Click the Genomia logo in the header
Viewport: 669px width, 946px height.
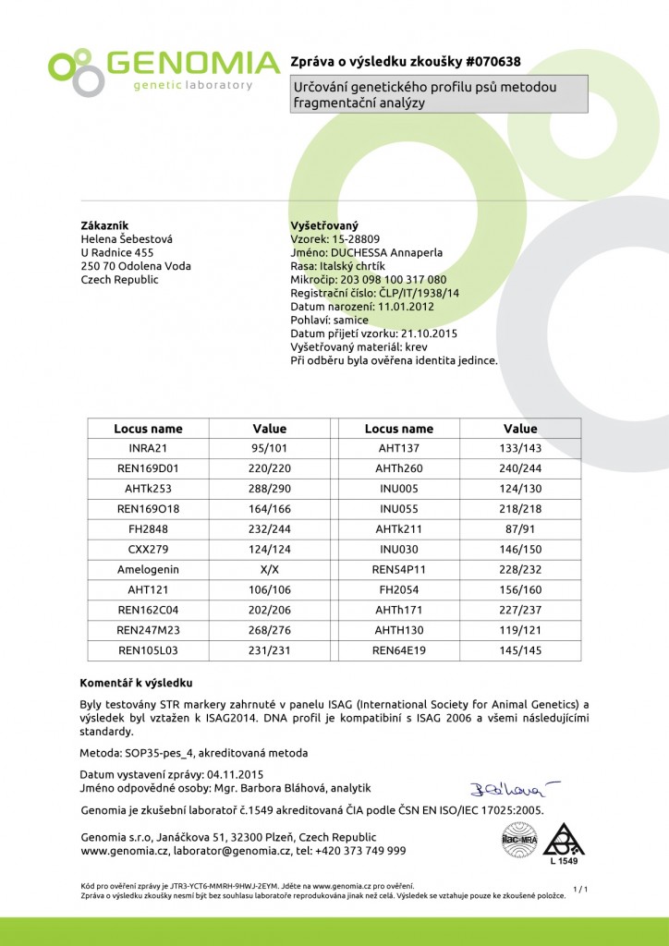[x=164, y=70]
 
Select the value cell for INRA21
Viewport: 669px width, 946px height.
[x=270, y=447]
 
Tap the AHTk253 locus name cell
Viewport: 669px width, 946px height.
[x=148, y=489]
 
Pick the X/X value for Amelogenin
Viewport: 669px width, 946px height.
[x=270, y=570]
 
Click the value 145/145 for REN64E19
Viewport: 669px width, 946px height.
[x=520, y=651]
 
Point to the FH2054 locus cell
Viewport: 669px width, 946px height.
[x=399, y=590]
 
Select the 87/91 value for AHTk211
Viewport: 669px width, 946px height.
[x=520, y=529]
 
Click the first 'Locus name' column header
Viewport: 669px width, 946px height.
[x=148, y=429]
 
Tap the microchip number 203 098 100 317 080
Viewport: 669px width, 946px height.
[x=394, y=279]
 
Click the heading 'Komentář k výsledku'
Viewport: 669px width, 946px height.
[x=136, y=683]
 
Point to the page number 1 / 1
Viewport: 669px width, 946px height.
[x=580, y=889]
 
